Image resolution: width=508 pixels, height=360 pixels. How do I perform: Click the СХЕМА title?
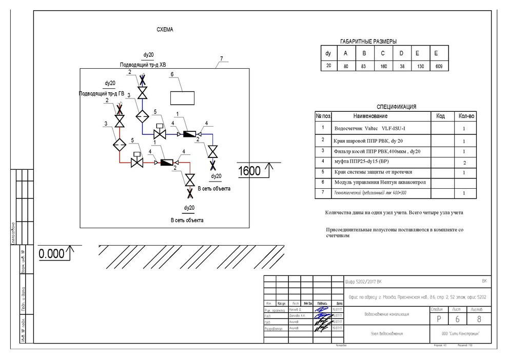coord(165,30)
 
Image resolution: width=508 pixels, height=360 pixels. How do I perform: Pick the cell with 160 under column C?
coord(383,66)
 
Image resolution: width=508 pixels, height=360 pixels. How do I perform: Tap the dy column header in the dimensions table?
coord(328,53)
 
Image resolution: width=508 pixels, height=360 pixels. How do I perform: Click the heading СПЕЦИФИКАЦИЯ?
coord(396,107)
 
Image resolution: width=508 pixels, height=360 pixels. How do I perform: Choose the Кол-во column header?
coord(466,116)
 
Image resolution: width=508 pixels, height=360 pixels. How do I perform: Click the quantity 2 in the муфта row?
coord(464,162)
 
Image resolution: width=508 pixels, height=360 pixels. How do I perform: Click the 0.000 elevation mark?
coord(52,253)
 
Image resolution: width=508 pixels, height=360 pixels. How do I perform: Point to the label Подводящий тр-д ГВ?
coord(101,94)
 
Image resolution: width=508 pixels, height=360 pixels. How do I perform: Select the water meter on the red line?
coord(167,162)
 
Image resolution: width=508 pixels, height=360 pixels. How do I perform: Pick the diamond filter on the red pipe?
coord(120,144)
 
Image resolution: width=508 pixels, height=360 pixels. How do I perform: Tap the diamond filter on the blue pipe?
coord(142,116)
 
